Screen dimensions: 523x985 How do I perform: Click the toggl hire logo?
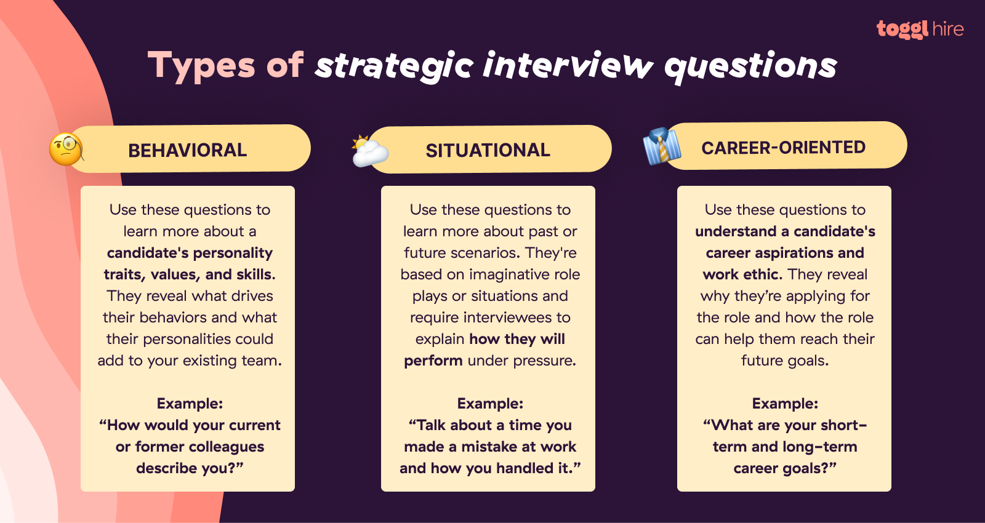pyautogui.click(x=920, y=29)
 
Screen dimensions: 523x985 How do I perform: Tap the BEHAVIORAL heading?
pyautogui.click(x=187, y=150)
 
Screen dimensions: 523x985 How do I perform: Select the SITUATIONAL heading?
pyautogui.click(x=488, y=150)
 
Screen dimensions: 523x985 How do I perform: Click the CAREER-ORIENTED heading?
pyautogui.click(x=783, y=148)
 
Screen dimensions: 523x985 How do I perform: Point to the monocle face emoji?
pyautogui.click(x=66, y=150)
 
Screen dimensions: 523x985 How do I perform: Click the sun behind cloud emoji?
pyautogui.click(x=369, y=151)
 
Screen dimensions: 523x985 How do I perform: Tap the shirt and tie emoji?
pyautogui.click(x=661, y=146)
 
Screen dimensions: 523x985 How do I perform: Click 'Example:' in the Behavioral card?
pyautogui.click(x=190, y=404)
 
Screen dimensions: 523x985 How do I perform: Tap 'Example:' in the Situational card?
pyautogui.click(x=490, y=404)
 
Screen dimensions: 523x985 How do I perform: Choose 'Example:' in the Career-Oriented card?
pyautogui.click(x=785, y=404)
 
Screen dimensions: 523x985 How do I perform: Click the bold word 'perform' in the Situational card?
pyautogui.click(x=433, y=361)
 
